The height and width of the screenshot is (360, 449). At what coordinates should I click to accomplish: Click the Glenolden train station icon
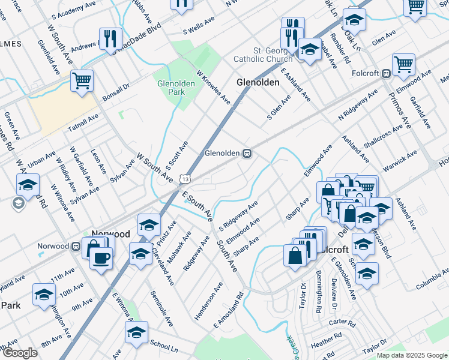click(x=247, y=154)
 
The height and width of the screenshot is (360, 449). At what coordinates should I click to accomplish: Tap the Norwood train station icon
click(x=76, y=246)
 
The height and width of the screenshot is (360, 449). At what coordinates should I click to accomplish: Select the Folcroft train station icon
click(x=387, y=74)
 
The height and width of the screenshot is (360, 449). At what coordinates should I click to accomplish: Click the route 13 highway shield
click(x=186, y=179)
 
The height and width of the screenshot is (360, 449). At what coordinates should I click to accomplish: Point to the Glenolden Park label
click(x=175, y=88)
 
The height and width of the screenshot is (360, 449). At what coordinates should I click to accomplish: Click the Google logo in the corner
click(x=19, y=353)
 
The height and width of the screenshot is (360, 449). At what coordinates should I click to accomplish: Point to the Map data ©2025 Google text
click(x=411, y=355)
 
